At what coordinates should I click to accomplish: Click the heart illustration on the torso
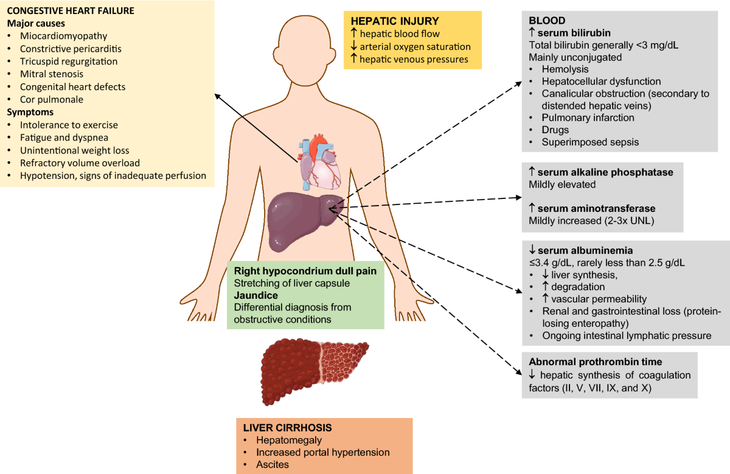click(320, 161)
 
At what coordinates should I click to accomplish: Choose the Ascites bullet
click(272, 464)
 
